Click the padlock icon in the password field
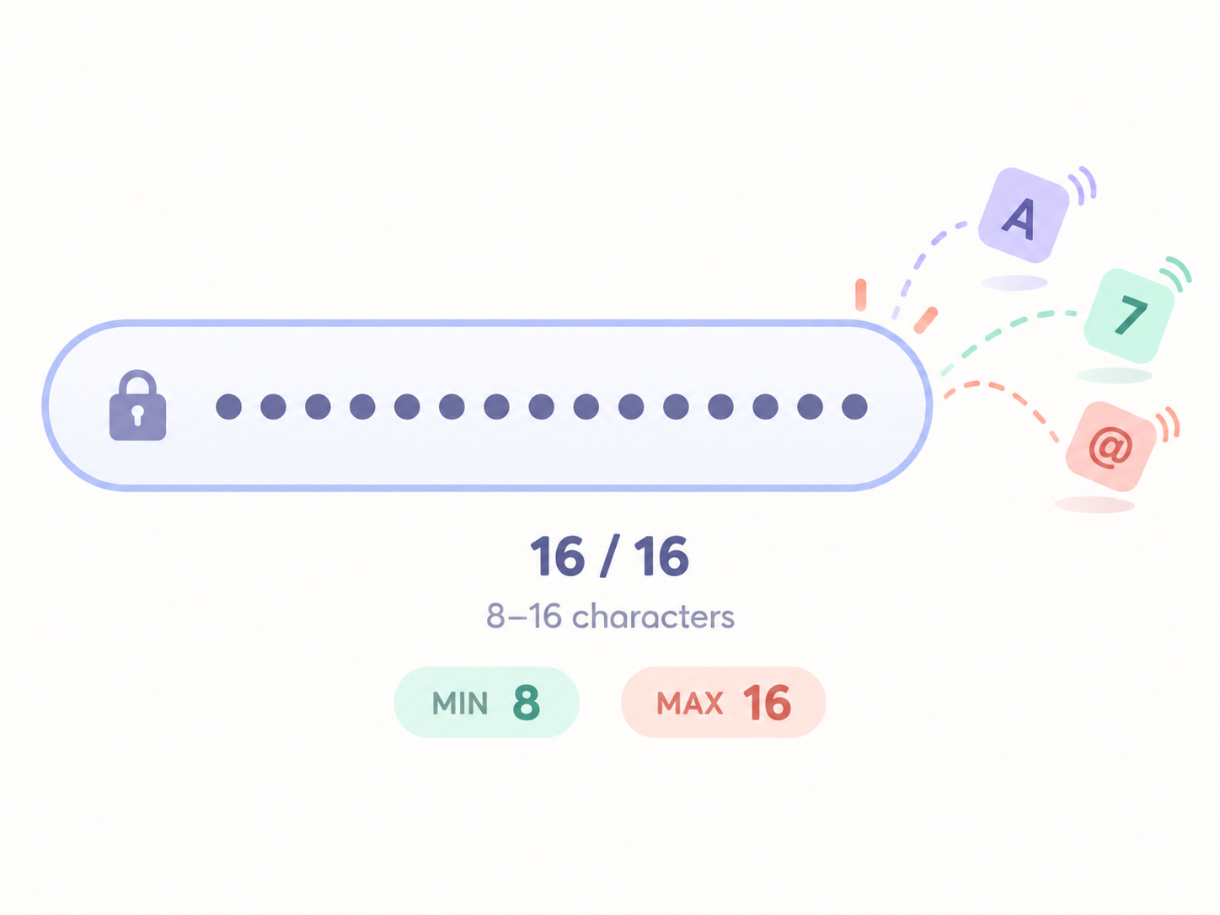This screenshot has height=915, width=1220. (x=137, y=405)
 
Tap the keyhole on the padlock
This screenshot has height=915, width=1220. (x=137, y=415)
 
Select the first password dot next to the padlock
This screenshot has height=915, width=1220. (x=228, y=406)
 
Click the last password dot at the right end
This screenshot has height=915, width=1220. (x=854, y=406)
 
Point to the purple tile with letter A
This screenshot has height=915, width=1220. (x=1023, y=215)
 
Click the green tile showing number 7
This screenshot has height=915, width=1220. (x=1129, y=316)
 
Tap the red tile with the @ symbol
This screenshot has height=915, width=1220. (x=1111, y=446)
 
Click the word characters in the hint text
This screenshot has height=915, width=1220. (x=653, y=616)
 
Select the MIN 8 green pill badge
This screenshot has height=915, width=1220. (x=486, y=702)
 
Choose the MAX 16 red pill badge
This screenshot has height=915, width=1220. (x=723, y=702)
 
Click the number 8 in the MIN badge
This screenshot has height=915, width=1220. (x=526, y=702)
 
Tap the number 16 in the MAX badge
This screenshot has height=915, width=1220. (x=767, y=702)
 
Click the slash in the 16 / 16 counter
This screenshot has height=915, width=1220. (x=610, y=556)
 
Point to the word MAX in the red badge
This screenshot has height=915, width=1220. (x=690, y=703)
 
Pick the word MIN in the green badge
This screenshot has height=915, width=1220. (x=460, y=703)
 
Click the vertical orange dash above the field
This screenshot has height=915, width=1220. (x=860, y=295)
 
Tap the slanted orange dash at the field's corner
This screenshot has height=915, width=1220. (x=926, y=320)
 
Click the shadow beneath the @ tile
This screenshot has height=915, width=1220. (x=1094, y=505)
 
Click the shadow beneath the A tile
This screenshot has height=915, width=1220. (x=1014, y=283)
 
